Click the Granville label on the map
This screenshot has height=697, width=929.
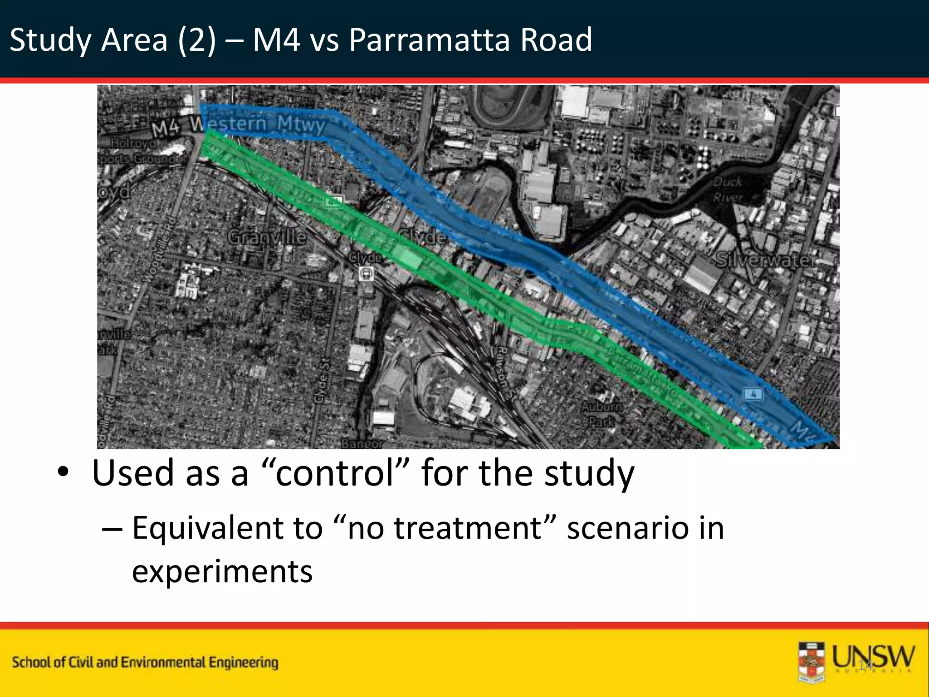267,237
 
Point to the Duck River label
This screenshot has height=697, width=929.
727,190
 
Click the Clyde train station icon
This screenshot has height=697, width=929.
366,274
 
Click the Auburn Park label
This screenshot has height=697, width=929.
602,414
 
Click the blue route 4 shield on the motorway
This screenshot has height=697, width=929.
753,393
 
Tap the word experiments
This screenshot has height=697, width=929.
222,571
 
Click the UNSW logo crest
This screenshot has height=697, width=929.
812,662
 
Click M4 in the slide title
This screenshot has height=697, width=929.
276,40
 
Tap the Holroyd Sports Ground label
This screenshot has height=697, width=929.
136,151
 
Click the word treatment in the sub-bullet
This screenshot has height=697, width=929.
468,528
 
